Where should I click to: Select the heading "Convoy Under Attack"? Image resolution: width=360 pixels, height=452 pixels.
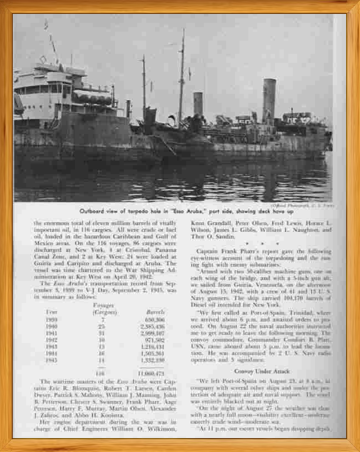pos(261,370)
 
